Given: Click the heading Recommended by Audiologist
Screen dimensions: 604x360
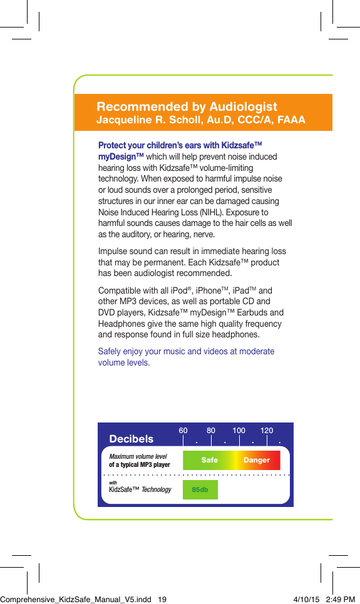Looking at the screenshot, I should pyautogui.click(x=187, y=106).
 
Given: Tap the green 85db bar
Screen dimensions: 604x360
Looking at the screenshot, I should pyautogui.click(x=200, y=489).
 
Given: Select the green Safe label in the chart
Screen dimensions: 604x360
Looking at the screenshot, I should pyautogui.click(x=210, y=460).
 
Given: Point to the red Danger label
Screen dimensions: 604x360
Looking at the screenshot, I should pyautogui.click(x=256, y=460).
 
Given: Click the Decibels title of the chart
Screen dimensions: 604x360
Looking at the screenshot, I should pyautogui.click(x=131, y=439).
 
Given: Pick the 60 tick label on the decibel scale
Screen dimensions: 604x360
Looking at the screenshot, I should pyautogui.click(x=183, y=431).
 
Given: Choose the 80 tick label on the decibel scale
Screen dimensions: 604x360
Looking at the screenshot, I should pyautogui.click(x=211, y=431).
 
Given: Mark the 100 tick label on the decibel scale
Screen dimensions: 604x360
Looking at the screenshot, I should pyautogui.click(x=239, y=431).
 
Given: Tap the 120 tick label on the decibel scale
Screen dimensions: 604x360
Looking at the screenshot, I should pyautogui.click(x=267, y=431).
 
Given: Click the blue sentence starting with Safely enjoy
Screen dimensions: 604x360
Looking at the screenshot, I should pyautogui.click(x=186, y=357).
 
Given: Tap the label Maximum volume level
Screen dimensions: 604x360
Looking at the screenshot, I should pyautogui.click(x=138, y=456).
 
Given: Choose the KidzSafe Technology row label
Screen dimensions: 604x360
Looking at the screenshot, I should pyautogui.click(x=140, y=489).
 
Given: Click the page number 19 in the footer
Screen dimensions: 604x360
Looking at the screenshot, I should pyautogui.click(x=162, y=599).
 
